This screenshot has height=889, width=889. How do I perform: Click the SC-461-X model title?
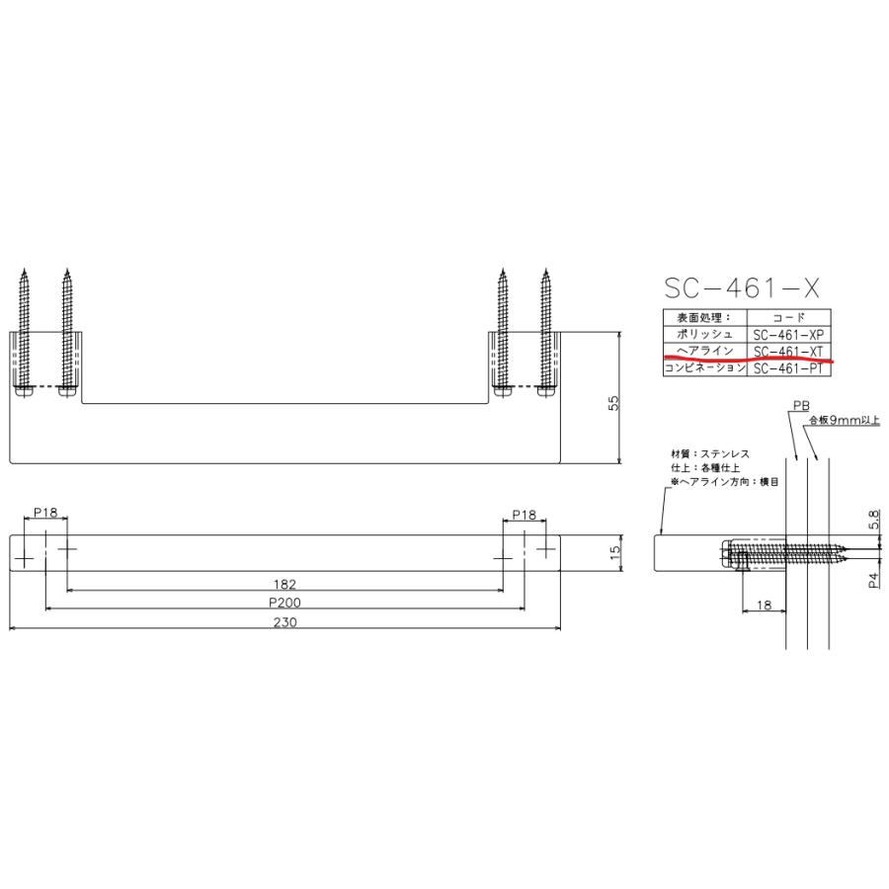coord(742,288)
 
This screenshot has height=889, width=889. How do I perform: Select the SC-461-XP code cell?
coord(788,335)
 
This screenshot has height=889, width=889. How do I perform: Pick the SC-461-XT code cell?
coord(788,352)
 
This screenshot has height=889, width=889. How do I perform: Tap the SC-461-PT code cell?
coord(788,368)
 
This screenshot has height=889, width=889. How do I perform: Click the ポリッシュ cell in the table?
coord(704,334)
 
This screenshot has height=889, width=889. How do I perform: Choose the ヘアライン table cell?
coord(704,351)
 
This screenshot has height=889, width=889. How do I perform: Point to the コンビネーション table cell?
coord(704,368)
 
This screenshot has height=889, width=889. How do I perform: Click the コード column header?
coord(788,317)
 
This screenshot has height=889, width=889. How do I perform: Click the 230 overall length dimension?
coord(284,622)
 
